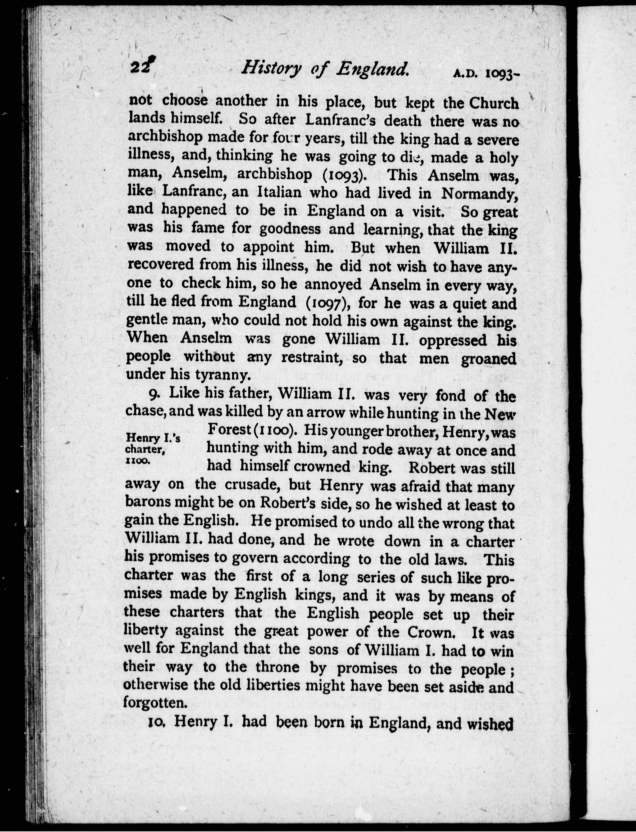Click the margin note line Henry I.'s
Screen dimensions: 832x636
tap(153, 438)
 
